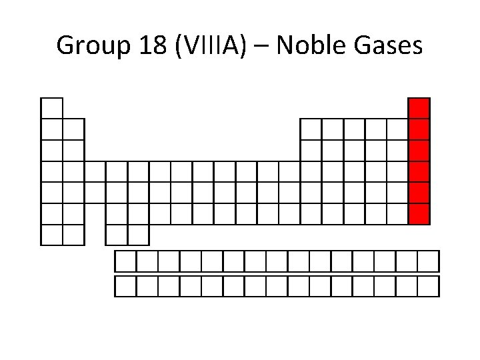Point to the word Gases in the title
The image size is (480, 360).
tap(391, 45)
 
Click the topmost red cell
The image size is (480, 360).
tap(419, 108)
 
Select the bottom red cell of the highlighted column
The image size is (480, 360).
tap(419, 214)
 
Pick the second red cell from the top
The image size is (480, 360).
tap(419, 129)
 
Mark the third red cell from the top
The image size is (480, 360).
tap(419, 151)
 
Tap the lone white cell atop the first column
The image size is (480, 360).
tap(52, 108)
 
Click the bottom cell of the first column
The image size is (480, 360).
tap(52, 235)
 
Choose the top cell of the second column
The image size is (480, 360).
tap(73, 129)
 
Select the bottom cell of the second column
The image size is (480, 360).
tap(73, 235)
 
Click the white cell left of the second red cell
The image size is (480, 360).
tap(397, 129)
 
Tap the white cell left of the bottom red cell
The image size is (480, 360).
tap(397, 214)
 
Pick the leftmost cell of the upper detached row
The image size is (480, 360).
tap(125, 261)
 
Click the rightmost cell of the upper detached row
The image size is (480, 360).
tap(429, 261)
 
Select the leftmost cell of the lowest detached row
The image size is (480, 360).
tap(125, 286)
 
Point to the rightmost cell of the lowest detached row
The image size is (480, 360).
tap(429, 286)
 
